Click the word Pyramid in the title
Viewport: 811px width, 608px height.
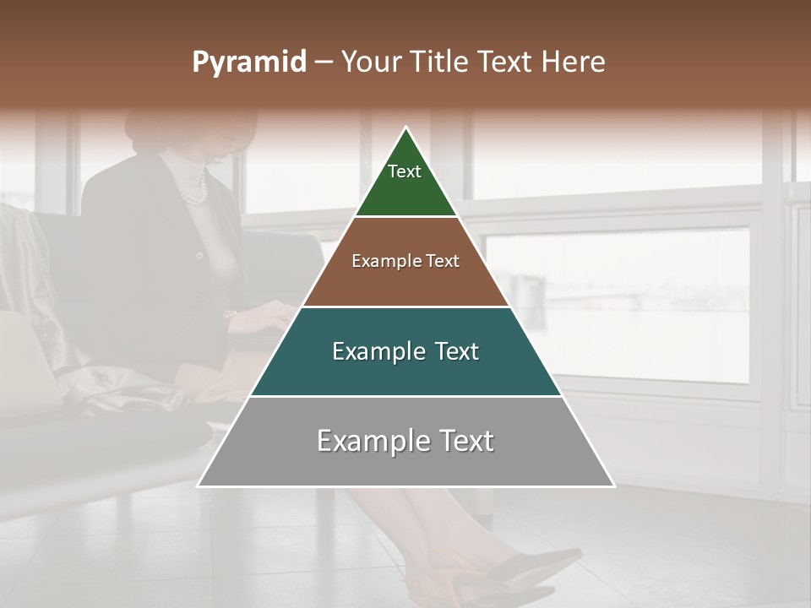[x=248, y=62]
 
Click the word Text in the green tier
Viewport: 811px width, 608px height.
[x=405, y=171]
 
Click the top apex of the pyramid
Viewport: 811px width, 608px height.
[x=406, y=128]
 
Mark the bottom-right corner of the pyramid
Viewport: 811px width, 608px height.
[x=613, y=486]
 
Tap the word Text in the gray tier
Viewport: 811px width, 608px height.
[x=460, y=441]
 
